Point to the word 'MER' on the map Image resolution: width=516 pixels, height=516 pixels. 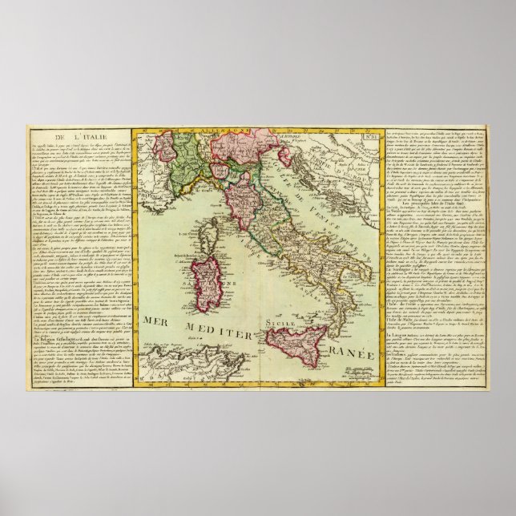(158, 322)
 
